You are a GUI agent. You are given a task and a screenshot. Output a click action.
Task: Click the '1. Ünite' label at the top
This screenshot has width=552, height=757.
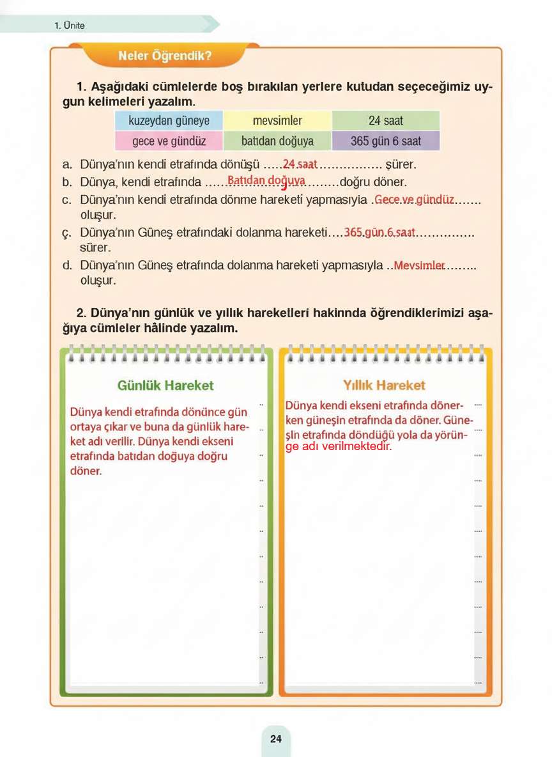70,26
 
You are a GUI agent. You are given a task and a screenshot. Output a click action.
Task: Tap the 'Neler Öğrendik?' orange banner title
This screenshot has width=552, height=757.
165,56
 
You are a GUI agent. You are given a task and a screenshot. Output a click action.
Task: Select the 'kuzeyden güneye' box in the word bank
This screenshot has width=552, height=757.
169,120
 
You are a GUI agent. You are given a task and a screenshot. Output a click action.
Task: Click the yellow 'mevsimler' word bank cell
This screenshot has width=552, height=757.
277,120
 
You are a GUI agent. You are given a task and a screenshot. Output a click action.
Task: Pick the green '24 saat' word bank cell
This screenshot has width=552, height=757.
386,120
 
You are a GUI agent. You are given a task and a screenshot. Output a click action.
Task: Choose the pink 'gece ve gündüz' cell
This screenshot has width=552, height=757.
169,141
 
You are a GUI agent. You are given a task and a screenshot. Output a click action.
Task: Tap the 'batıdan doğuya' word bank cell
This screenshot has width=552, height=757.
277,141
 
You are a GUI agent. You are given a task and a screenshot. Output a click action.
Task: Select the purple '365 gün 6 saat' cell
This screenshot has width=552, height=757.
386,141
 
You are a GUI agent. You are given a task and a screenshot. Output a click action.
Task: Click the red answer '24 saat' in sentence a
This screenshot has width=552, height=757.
300,164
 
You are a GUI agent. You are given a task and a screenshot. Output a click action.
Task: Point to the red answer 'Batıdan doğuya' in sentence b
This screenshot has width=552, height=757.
266,181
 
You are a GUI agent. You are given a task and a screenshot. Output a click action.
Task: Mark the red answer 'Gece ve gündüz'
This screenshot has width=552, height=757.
414,199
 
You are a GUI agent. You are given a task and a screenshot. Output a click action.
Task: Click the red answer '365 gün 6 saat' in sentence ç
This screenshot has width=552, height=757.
379,233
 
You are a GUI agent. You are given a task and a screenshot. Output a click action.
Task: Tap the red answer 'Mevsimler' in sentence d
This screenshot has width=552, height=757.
419,265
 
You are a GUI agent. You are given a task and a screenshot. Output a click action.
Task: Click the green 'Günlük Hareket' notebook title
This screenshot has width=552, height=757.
165,386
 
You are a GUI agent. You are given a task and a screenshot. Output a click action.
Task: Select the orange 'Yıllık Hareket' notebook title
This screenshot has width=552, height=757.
384,386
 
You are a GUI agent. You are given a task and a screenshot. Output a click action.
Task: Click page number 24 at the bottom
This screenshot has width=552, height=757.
275,738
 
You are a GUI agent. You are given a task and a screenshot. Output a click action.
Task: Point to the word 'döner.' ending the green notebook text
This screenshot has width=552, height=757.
86,471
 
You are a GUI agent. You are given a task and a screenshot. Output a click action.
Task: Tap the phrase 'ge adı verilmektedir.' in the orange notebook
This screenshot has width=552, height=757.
338,447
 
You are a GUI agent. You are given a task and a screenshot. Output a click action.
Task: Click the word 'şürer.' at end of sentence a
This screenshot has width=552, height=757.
401,165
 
